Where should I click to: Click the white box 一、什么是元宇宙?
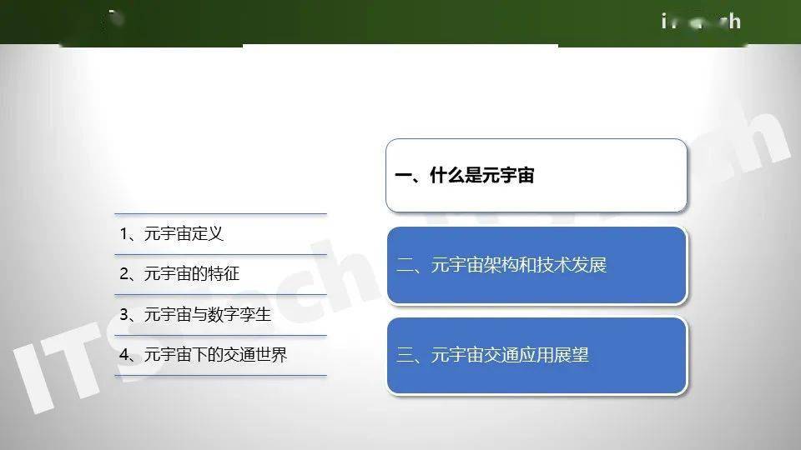point(536,176)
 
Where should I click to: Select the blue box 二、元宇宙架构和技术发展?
point(536,265)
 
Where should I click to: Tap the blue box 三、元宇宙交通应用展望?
point(536,355)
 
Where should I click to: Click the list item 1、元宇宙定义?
point(172,234)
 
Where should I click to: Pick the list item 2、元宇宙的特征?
point(179,274)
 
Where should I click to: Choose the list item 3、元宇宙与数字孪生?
point(195,315)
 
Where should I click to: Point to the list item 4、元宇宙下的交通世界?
point(204,355)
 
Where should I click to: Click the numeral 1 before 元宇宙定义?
point(123,234)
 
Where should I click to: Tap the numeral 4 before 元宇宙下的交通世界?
point(123,355)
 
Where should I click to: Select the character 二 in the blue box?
point(406,266)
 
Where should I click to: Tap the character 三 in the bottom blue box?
point(406,355)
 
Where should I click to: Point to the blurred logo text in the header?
point(701,21)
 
